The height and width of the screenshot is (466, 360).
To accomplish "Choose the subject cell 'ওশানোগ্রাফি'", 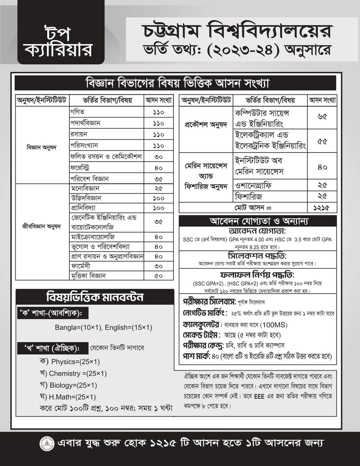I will click(x=254, y=185).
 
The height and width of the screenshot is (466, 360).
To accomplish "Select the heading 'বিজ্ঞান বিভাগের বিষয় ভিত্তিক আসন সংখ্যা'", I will click(x=176, y=84).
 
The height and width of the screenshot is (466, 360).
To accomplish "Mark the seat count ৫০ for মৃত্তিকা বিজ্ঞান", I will click(x=158, y=276).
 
